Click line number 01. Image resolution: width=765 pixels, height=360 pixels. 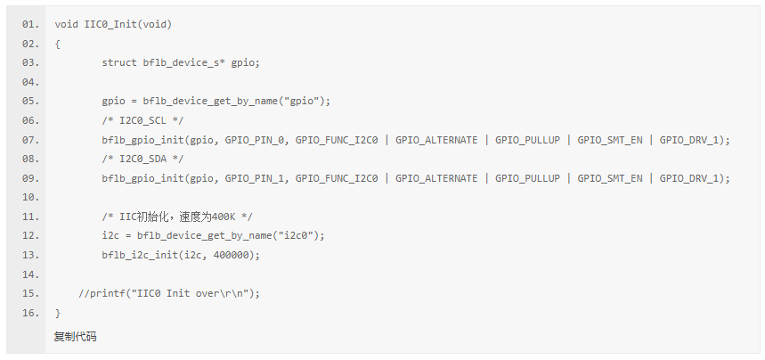(x=30, y=24)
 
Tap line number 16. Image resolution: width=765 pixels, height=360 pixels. (x=30, y=313)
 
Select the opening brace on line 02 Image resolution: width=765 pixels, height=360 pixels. (x=57, y=44)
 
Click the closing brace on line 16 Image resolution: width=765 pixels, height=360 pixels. (x=57, y=313)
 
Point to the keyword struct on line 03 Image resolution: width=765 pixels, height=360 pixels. (x=119, y=62)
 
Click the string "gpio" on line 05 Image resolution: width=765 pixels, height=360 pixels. (x=302, y=101)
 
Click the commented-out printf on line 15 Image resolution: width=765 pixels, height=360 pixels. (x=169, y=293)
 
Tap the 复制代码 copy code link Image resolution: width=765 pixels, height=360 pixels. (x=75, y=337)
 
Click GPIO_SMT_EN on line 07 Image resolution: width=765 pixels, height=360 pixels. (x=610, y=140)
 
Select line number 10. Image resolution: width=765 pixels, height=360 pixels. (x=30, y=197)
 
